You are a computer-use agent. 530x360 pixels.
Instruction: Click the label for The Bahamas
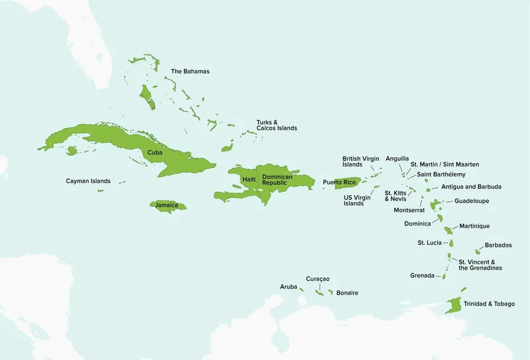point(190,71)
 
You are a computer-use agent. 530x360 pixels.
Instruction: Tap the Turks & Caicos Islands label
point(276,125)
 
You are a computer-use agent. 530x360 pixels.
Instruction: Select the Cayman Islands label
point(88,181)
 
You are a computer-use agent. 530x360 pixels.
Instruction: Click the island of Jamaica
point(167,206)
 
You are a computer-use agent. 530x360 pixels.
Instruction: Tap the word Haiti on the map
point(248,180)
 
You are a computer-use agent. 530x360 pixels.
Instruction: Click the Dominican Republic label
point(277,180)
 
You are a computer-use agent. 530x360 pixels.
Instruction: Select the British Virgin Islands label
point(360,162)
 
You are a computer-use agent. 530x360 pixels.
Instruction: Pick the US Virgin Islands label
point(357,200)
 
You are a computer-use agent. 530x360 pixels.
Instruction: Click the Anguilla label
point(397,158)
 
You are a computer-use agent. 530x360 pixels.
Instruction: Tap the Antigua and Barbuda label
point(471,187)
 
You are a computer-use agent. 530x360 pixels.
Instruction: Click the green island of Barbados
point(478,251)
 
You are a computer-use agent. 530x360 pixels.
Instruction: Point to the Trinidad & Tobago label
point(489,304)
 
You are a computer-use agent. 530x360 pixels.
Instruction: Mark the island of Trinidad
point(454,306)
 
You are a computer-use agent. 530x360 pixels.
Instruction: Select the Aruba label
point(288,286)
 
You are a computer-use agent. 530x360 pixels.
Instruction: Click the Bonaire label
point(347,292)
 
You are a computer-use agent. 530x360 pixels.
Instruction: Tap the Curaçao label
point(317,279)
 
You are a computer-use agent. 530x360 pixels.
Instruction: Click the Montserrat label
point(409,210)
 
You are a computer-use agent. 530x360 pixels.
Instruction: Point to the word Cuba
point(154,152)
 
